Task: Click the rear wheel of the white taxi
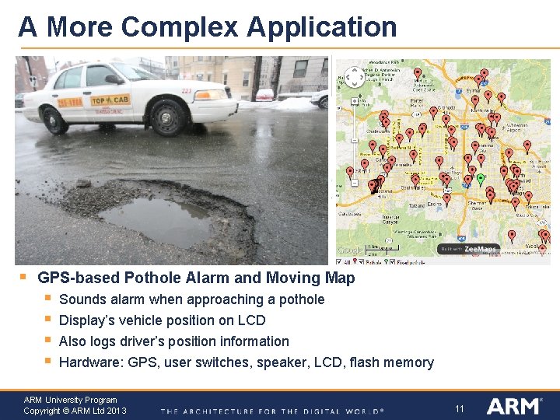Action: point(55,119)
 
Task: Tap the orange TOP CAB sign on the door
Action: point(110,100)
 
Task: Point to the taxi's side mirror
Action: point(114,79)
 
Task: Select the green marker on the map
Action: point(481,179)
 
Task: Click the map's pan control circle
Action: point(353,102)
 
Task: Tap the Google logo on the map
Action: point(350,250)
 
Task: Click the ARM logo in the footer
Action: point(513,406)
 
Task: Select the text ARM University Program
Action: point(70,400)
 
